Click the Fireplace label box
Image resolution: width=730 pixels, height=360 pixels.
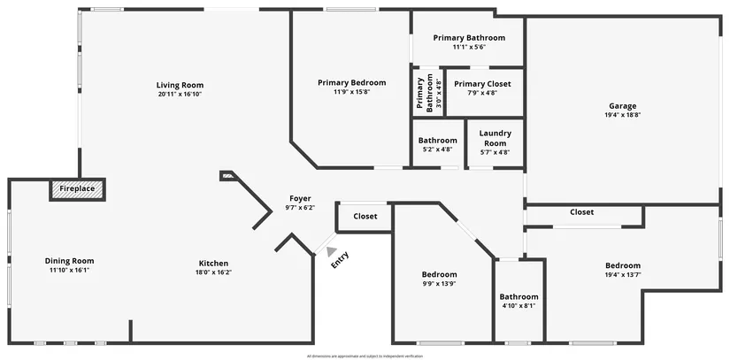click(x=77, y=189)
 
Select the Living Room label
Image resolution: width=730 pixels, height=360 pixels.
click(x=181, y=85)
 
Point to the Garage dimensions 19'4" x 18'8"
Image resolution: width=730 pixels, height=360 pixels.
click(x=623, y=114)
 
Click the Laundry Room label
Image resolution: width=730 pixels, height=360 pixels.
click(x=495, y=138)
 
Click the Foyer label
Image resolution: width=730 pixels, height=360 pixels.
click(x=300, y=198)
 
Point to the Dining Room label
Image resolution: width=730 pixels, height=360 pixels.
click(x=69, y=261)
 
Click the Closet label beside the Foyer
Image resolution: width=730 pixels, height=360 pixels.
click(x=365, y=216)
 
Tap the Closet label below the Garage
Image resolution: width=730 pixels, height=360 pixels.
click(x=581, y=212)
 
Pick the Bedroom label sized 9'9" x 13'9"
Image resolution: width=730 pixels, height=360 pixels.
click(x=439, y=274)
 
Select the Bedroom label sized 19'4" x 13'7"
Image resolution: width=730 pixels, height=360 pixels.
click(x=622, y=265)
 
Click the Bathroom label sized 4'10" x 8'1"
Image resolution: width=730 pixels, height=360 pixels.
click(x=519, y=297)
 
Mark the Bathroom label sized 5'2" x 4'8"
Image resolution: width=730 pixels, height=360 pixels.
click(x=437, y=141)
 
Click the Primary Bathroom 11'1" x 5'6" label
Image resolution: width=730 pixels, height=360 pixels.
click(x=469, y=38)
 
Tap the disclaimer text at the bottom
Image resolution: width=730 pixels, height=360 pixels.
click(x=365, y=356)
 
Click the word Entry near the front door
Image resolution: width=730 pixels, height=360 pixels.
click(x=340, y=259)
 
